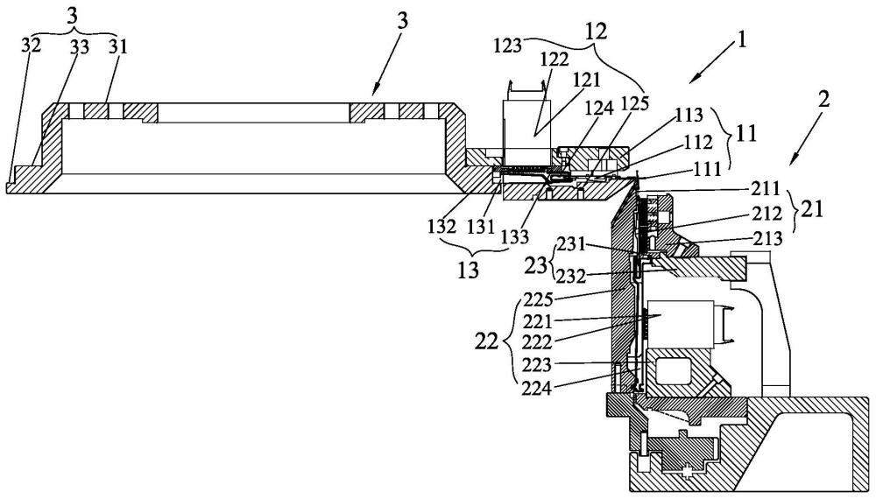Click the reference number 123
coord(508,46)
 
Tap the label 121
coord(585,80)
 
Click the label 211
coord(765,189)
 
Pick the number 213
coord(767,239)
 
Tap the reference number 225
coord(537,299)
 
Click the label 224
coord(537,387)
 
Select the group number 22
coord(486,341)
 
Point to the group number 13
coord(468,271)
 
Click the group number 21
coord(812,211)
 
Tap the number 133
coord(514,237)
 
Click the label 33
coord(80,47)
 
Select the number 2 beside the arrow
coord(823,99)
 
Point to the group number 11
coord(747,134)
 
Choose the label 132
coord(442,226)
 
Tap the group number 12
coord(596,32)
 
